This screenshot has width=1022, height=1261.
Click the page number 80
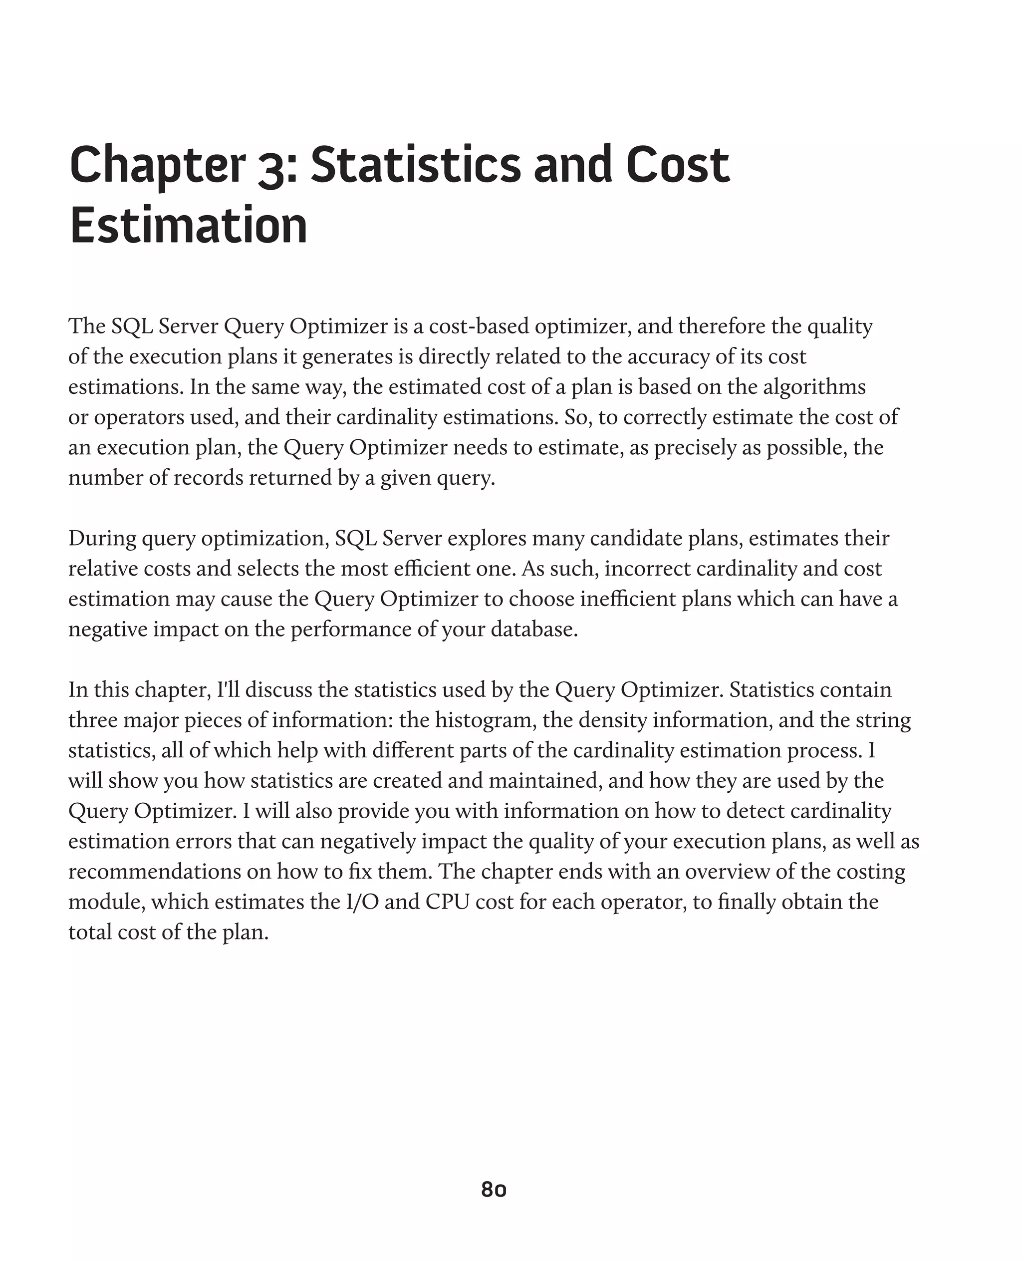tap(494, 1189)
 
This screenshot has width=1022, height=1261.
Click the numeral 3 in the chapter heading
tap(271, 167)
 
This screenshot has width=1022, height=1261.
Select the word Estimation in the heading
tap(189, 226)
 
